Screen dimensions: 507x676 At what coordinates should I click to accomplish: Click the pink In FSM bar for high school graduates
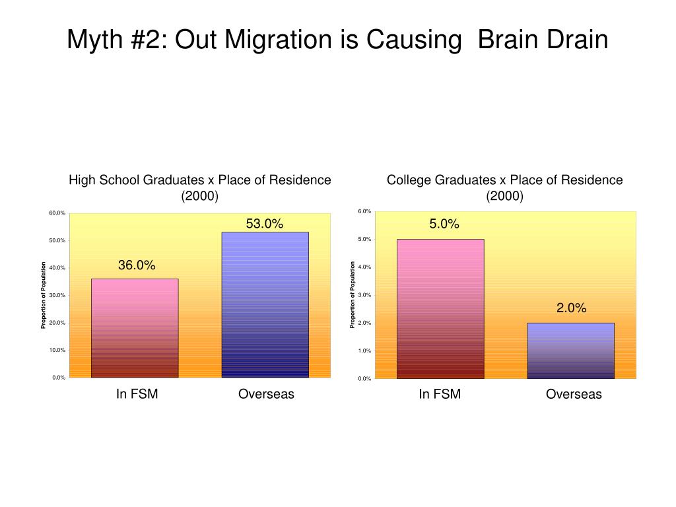(135, 327)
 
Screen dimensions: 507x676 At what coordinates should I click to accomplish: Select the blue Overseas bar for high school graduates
(265, 304)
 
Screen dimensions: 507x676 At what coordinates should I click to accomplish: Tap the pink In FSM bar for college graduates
(440, 308)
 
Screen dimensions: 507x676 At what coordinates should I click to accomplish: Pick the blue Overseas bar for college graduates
(571, 350)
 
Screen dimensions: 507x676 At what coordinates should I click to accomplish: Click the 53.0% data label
(265, 224)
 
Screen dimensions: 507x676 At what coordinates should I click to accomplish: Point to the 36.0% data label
(137, 265)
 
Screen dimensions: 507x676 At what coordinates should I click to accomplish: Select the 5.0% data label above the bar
(444, 224)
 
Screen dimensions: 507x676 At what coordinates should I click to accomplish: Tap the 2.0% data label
(571, 308)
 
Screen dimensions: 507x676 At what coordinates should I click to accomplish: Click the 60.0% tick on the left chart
(57, 213)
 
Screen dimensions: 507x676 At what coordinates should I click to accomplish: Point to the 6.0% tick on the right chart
(364, 211)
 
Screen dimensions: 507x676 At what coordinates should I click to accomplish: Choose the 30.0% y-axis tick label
(57, 295)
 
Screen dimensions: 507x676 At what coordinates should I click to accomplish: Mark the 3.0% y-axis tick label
(364, 295)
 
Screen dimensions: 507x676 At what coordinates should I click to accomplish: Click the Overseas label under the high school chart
(266, 395)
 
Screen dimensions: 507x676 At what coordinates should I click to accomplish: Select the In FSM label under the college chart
(440, 395)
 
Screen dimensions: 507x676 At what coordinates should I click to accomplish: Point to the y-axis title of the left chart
(44, 295)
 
